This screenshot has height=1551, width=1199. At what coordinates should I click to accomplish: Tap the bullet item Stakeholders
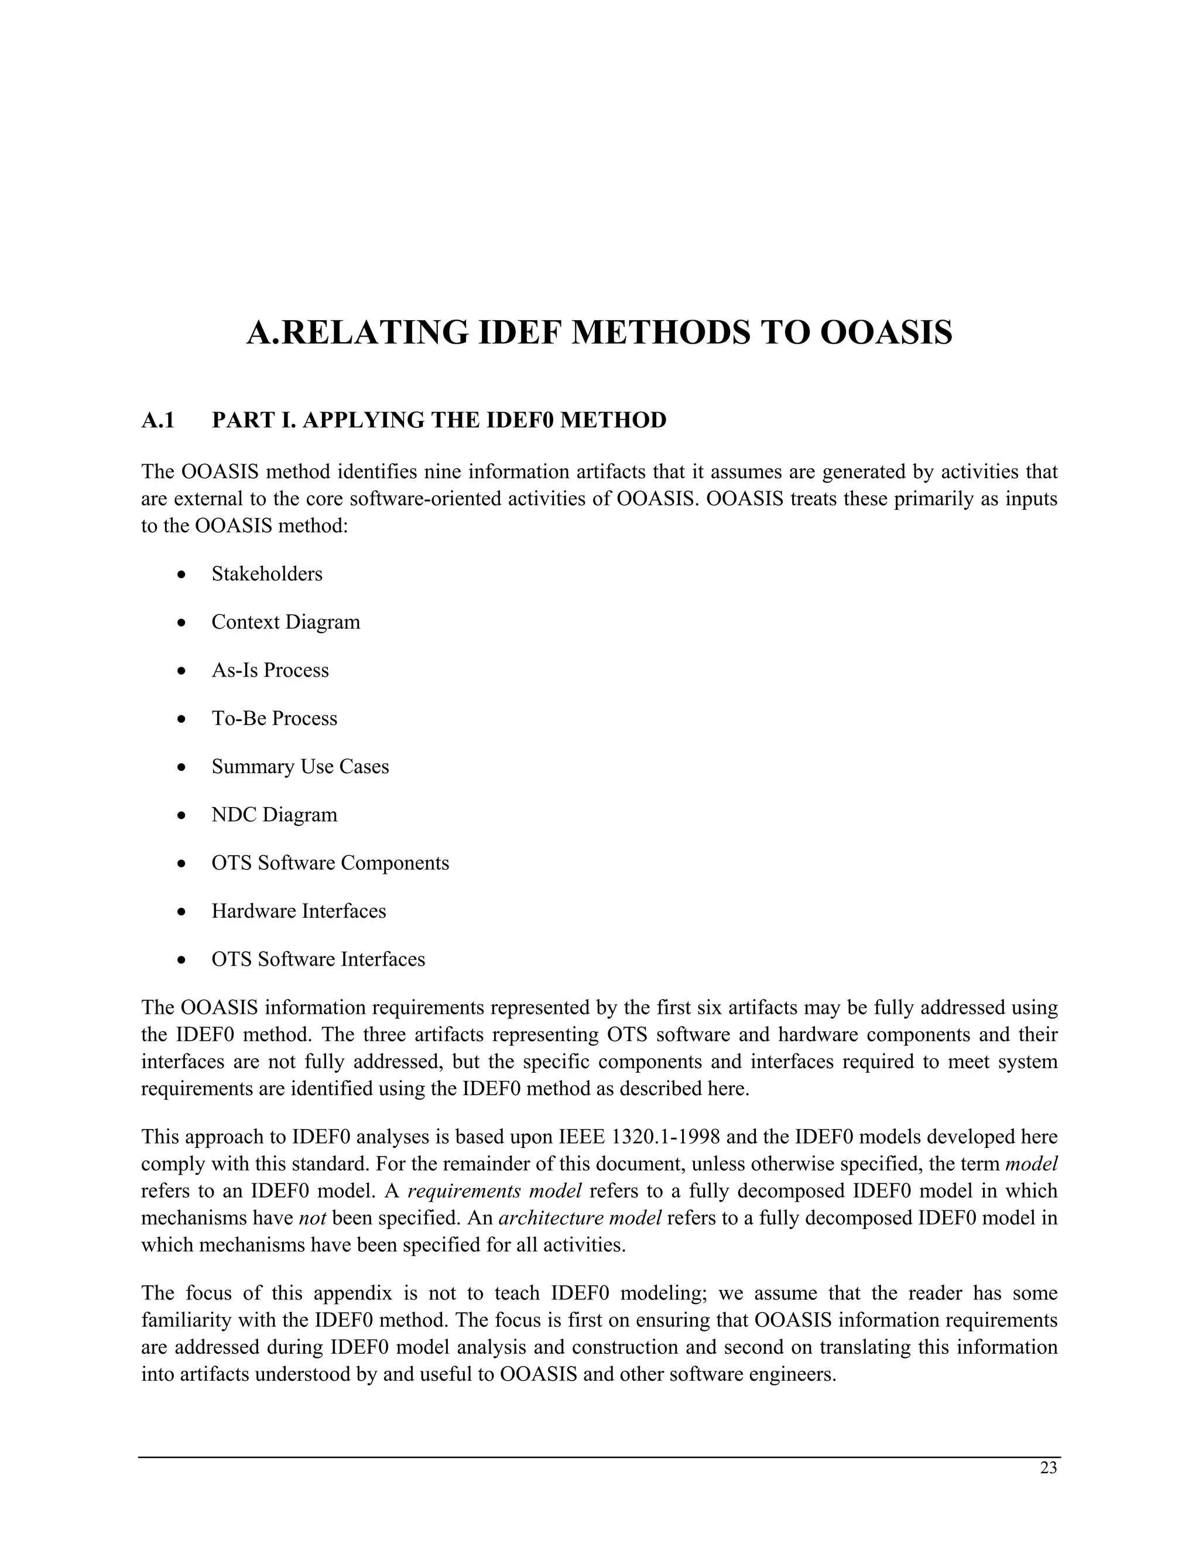pos(266,574)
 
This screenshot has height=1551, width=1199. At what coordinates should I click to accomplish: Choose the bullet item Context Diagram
pos(286,622)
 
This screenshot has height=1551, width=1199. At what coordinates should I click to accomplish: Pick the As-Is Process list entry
pos(270,670)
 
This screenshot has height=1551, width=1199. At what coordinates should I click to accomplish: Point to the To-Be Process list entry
pos(274,719)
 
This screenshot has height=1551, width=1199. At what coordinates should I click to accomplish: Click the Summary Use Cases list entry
pos(300,767)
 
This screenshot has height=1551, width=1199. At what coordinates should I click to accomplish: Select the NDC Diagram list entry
pos(274,815)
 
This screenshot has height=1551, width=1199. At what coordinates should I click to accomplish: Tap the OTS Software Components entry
pos(330,863)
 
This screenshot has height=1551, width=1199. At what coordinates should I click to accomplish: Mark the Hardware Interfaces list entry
pos(299,911)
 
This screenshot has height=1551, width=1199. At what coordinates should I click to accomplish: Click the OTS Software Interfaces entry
pos(318,959)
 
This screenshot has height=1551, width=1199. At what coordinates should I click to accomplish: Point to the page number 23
pos(1049,1468)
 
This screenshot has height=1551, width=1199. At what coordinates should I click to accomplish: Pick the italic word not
pos(312,1218)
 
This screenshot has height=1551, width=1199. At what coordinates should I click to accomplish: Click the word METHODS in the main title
pos(660,332)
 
